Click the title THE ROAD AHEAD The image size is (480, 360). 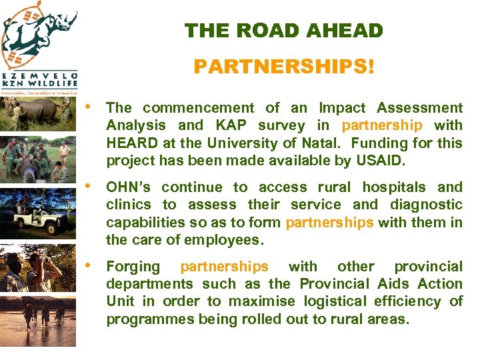click(283, 31)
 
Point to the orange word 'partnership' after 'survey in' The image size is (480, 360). click(382, 125)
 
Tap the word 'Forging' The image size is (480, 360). click(133, 267)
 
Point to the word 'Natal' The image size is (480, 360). click(319, 143)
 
